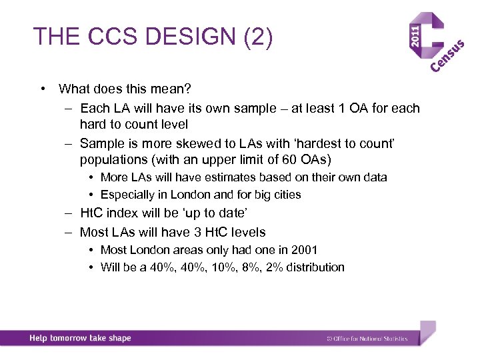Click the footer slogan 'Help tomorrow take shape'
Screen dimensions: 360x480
[x=80, y=338]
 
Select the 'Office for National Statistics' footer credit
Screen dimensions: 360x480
[x=370, y=339]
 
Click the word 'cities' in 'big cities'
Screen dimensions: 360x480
[x=286, y=195]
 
